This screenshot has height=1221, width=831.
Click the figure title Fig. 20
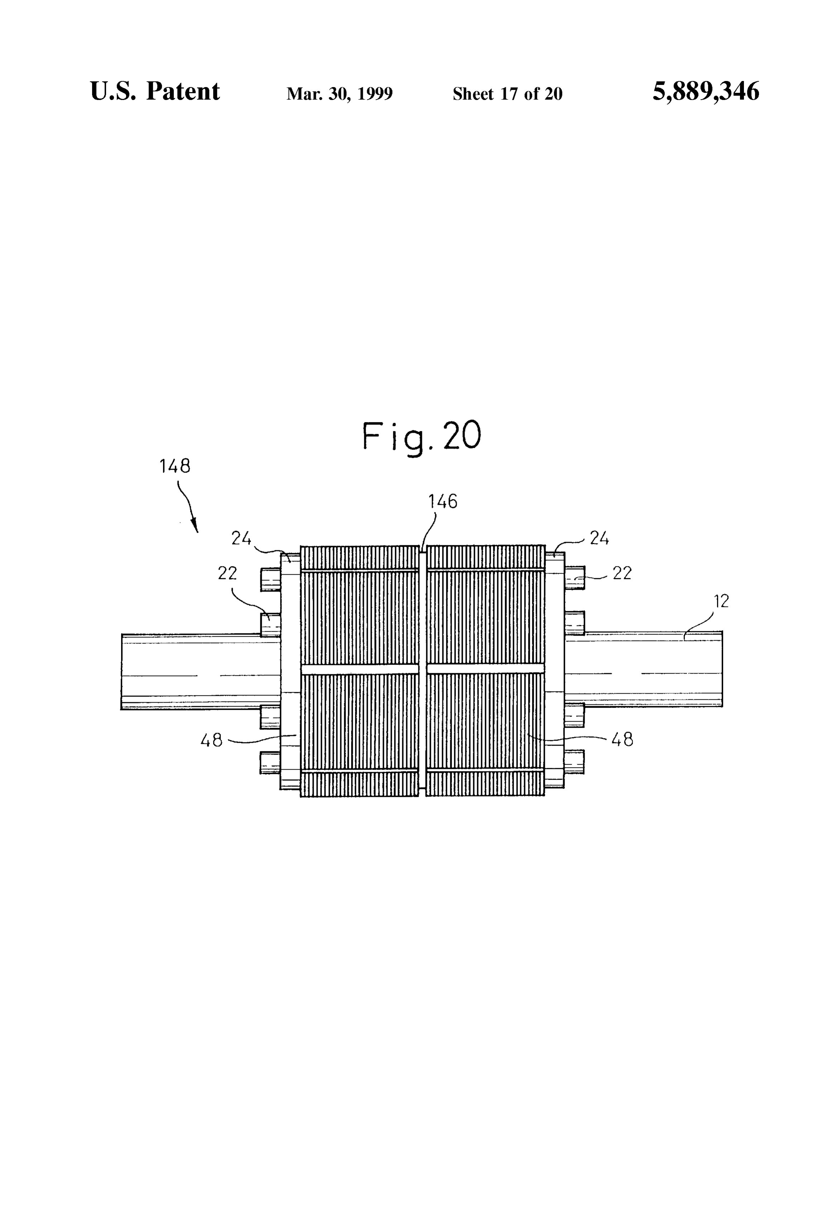click(422, 437)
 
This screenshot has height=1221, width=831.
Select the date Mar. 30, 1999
click(339, 94)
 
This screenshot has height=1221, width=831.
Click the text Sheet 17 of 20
click(508, 94)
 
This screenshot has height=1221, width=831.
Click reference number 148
click(175, 466)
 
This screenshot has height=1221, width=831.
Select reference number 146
click(443, 502)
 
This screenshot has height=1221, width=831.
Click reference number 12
click(722, 601)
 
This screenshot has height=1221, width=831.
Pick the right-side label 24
click(599, 538)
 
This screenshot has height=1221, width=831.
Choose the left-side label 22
click(227, 573)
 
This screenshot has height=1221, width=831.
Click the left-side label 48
click(212, 741)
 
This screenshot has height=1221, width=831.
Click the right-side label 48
click(623, 740)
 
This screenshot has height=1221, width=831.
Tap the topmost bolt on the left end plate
click(270, 579)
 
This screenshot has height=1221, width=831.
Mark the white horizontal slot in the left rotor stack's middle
click(360, 669)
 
